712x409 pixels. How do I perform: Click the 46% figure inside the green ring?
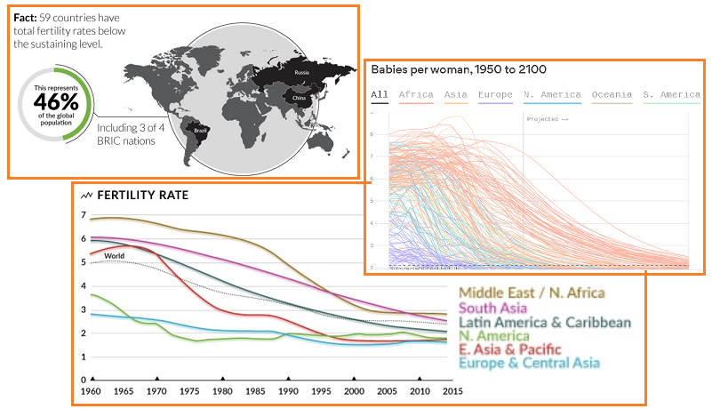[56, 100]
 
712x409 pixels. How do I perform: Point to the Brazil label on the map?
[200, 132]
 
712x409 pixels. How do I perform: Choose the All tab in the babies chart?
[380, 94]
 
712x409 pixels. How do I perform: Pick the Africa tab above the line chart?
[416, 94]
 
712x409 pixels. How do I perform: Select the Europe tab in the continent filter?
[494, 94]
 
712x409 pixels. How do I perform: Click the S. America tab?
[673, 94]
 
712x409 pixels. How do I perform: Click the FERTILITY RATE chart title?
[142, 195]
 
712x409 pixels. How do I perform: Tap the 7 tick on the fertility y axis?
[84, 216]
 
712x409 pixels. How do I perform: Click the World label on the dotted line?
[114, 256]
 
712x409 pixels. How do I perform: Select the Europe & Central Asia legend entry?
[529, 363]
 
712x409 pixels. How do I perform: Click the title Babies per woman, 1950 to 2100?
[459, 69]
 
